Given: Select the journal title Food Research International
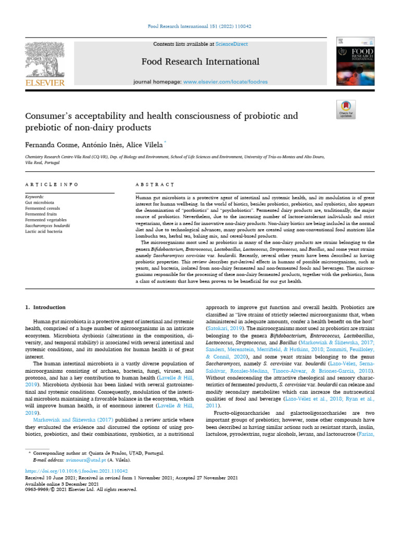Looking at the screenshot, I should (x=201, y=62).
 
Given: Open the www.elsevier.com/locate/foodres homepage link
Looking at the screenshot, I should (x=226, y=82).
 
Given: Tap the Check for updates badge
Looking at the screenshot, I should (x=346, y=109).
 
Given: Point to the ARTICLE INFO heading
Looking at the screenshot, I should (x=52, y=185).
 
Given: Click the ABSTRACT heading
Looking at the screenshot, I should (x=155, y=185).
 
